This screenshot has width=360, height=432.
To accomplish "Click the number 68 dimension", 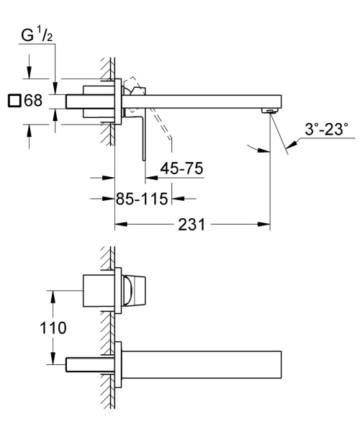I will click(33, 101).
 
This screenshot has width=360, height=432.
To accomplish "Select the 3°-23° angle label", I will click(325, 130).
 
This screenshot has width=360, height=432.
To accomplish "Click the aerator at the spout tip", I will click(270, 110).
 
